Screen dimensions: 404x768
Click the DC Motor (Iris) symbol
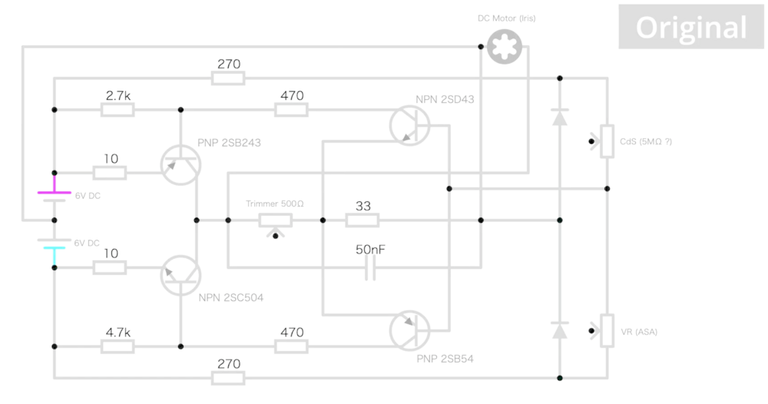click(x=506, y=47)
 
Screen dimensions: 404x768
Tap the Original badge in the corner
click(x=690, y=28)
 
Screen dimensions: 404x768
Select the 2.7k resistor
click(x=118, y=110)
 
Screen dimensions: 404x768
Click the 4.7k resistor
click(x=118, y=346)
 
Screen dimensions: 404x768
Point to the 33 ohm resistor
click(x=362, y=220)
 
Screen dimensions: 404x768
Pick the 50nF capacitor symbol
click(x=370, y=267)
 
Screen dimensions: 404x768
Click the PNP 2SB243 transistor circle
click(x=180, y=164)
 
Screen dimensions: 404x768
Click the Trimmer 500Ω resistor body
click(x=275, y=220)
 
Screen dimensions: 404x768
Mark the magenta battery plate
click(x=55, y=193)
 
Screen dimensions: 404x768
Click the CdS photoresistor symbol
click(x=607, y=141)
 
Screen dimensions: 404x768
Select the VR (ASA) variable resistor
click(x=607, y=331)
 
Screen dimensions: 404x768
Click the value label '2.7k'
click(x=118, y=95)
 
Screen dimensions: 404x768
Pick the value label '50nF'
click(x=370, y=250)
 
